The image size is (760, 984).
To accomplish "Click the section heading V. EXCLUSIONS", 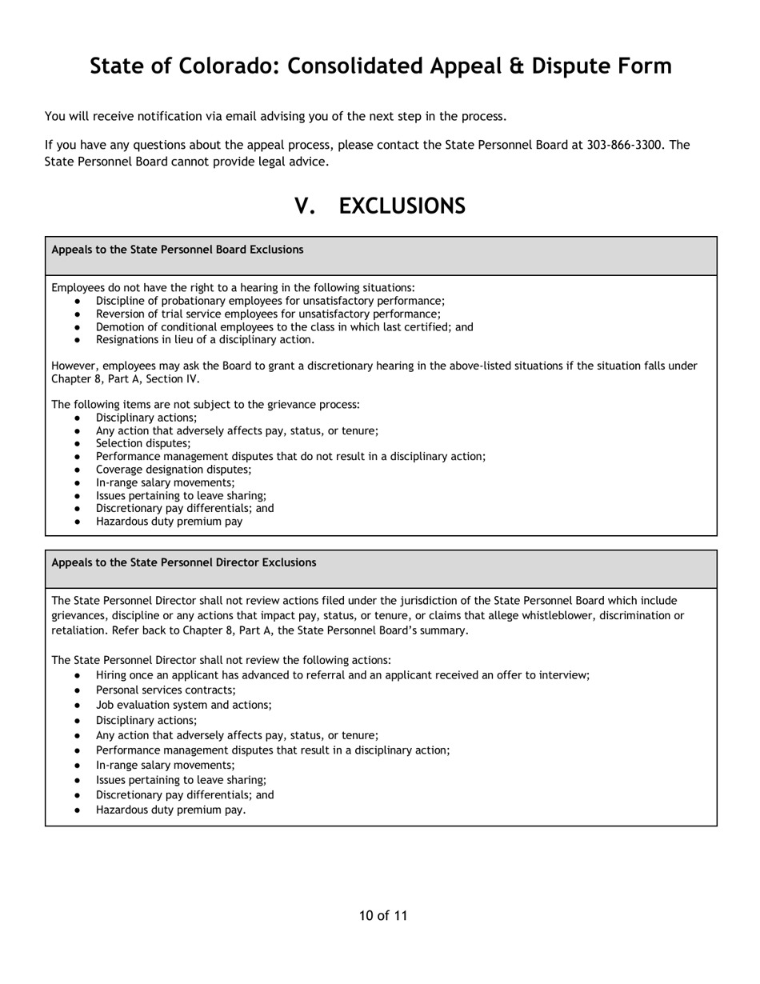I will coord(380,206).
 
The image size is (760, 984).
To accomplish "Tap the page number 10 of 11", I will coord(383,916).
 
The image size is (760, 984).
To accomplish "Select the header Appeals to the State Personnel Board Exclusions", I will coord(178,250).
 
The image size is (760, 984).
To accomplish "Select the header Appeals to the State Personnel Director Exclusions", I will coord(184,562).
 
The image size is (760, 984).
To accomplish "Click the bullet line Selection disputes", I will coord(143,443).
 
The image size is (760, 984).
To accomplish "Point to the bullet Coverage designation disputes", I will coord(174,470).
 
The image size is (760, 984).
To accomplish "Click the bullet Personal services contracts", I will coord(166,690).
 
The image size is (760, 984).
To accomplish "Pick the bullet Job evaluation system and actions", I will coord(184,705).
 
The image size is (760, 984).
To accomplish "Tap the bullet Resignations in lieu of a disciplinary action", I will coord(205,339).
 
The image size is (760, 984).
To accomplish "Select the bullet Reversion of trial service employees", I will coord(268,314).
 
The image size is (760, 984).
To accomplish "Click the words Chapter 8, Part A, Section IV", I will coord(126,378).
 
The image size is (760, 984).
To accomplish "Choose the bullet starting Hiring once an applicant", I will coord(342,675).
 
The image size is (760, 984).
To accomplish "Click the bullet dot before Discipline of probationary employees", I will coord(77,301).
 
